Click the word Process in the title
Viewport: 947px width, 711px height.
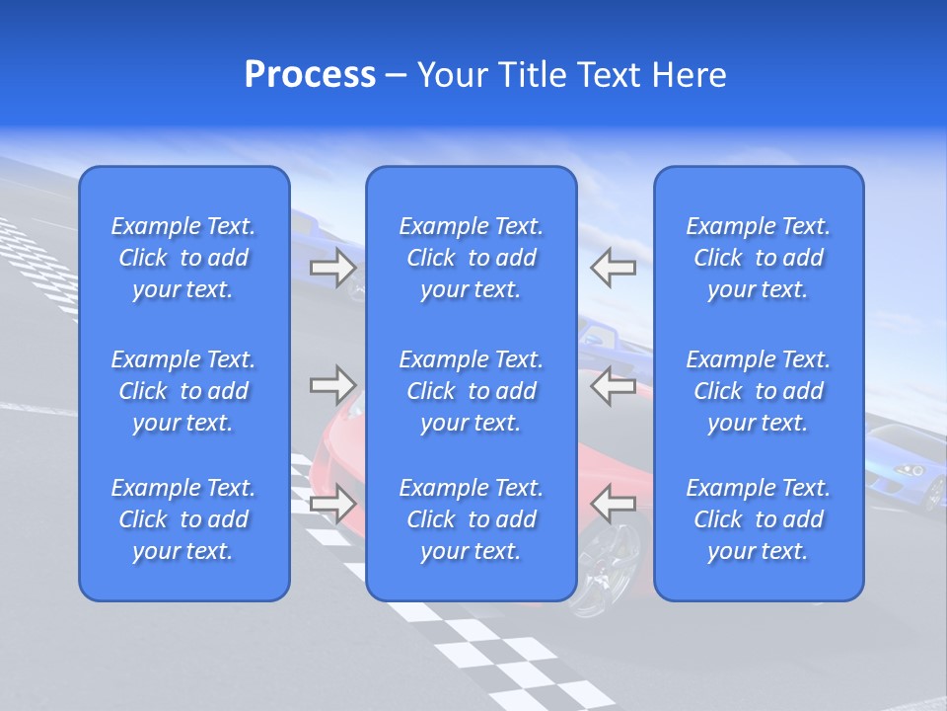tap(310, 75)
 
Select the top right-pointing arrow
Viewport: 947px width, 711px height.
tap(333, 268)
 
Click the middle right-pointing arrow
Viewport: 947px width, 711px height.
tap(333, 385)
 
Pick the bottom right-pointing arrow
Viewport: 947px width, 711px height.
tap(333, 504)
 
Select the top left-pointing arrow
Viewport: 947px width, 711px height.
tap(613, 268)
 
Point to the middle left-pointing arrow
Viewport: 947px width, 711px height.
tap(613, 385)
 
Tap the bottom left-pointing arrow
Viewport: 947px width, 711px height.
tap(613, 504)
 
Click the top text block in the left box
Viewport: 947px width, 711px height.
tap(183, 258)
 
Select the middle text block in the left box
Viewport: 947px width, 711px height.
tap(183, 391)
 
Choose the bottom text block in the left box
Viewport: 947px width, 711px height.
tap(183, 519)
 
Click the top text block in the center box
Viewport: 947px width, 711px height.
tap(472, 258)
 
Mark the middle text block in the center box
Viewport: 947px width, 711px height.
tap(472, 391)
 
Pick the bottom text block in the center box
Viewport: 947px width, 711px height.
tap(472, 519)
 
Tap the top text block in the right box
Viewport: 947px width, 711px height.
tap(759, 258)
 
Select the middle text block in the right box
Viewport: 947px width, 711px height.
tap(759, 391)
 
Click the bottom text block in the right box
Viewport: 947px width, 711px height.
tap(759, 519)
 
